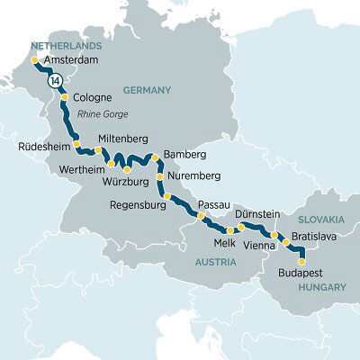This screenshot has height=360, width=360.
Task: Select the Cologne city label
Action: (x=92, y=98)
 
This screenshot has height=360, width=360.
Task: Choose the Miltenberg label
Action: (x=125, y=138)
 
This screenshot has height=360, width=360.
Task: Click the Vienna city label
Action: (x=260, y=245)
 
